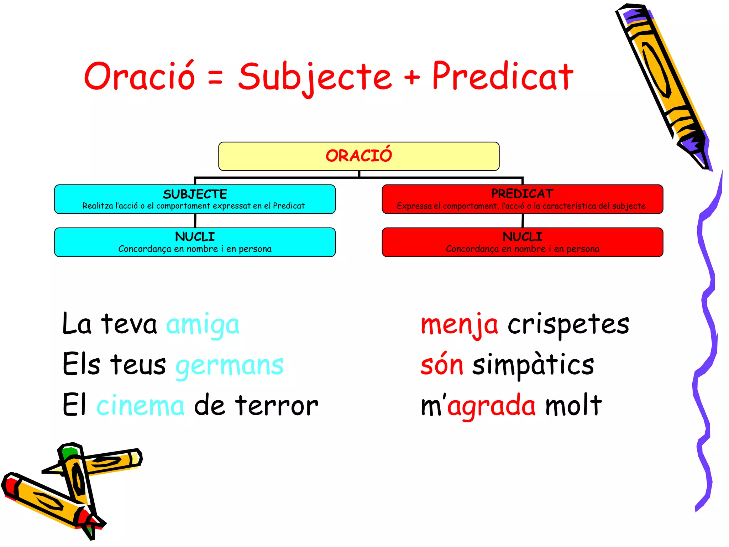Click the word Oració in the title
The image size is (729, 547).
pyautogui.click(x=140, y=76)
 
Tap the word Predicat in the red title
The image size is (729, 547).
pyautogui.click(x=502, y=76)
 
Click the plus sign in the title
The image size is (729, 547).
pyautogui.click(x=412, y=77)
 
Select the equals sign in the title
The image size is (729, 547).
pyautogui.click(x=215, y=77)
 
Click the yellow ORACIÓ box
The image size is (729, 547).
pyautogui.click(x=359, y=156)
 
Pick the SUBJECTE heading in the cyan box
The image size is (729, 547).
pyautogui.click(x=195, y=194)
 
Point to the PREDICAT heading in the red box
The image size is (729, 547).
pyautogui.click(x=522, y=194)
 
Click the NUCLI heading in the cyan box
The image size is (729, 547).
pyautogui.click(x=195, y=237)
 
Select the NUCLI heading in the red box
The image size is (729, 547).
pyautogui.click(x=522, y=237)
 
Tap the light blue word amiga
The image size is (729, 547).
pyautogui.click(x=203, y=325)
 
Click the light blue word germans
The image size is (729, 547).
pyautogui.click(x=230, y=366)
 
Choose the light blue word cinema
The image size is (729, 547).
pyautogui.click(x=140, y=406)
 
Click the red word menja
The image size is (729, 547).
pyautogui.click(x=459, y=325)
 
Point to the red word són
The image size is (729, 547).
pyautogui.click(x=442, y=365)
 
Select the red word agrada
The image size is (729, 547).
pyautogui.click(x=491, y=406)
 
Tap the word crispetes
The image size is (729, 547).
pyautogui.click(x=568, y=324)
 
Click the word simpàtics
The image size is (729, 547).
pyautogui.click(x=533, y=365)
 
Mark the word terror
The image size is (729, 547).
pyautogui.click(x=276, y=406)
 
